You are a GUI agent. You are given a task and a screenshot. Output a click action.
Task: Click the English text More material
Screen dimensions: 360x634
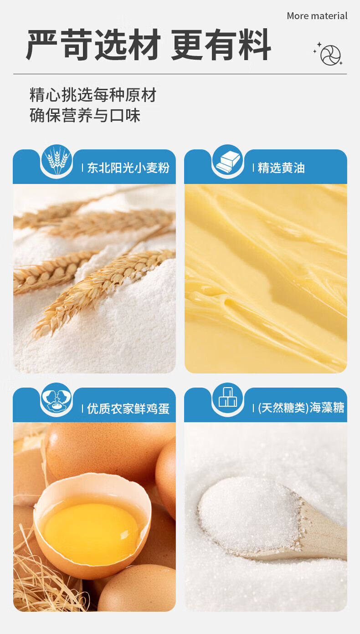point(317,16)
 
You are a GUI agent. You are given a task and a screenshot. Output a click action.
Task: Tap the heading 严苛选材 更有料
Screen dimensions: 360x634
point(149,45)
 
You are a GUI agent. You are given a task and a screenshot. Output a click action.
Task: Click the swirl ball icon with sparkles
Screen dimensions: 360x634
point(328,54)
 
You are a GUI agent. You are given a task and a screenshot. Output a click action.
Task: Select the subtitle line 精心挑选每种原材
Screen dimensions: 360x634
point(93,95)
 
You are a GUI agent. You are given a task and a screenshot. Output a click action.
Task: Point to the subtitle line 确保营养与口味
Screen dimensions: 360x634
point(85,115)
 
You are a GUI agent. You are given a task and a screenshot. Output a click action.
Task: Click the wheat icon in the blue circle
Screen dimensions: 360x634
point(57,160)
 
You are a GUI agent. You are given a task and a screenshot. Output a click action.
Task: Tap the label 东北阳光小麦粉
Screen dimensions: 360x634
point(129,168)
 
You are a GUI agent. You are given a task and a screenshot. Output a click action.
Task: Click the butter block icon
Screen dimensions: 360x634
point(228,160)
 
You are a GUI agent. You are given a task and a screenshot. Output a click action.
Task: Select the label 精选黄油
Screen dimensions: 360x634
point(281,168)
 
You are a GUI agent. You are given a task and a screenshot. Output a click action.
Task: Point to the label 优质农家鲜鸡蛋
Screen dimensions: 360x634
point(129,409)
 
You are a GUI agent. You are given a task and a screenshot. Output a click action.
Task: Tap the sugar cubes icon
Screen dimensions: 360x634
point(228,397)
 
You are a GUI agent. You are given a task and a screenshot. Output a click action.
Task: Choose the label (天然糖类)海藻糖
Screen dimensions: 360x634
point(301,408)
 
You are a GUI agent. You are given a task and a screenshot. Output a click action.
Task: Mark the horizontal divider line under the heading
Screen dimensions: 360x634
point(180,74)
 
